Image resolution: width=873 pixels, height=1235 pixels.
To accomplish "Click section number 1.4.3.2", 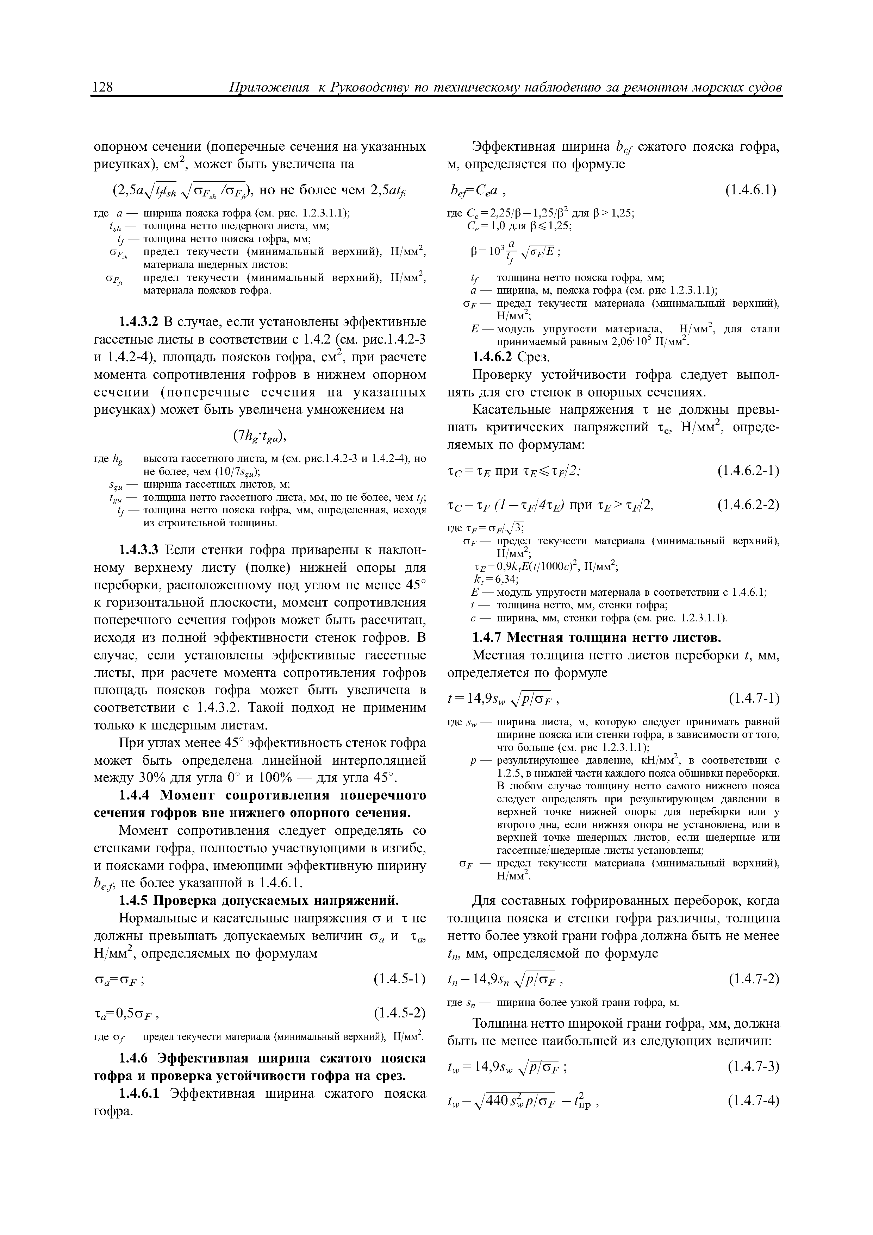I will (x=139, y=322).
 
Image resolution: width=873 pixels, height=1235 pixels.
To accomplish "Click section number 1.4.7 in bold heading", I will (x=487, y=638).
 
